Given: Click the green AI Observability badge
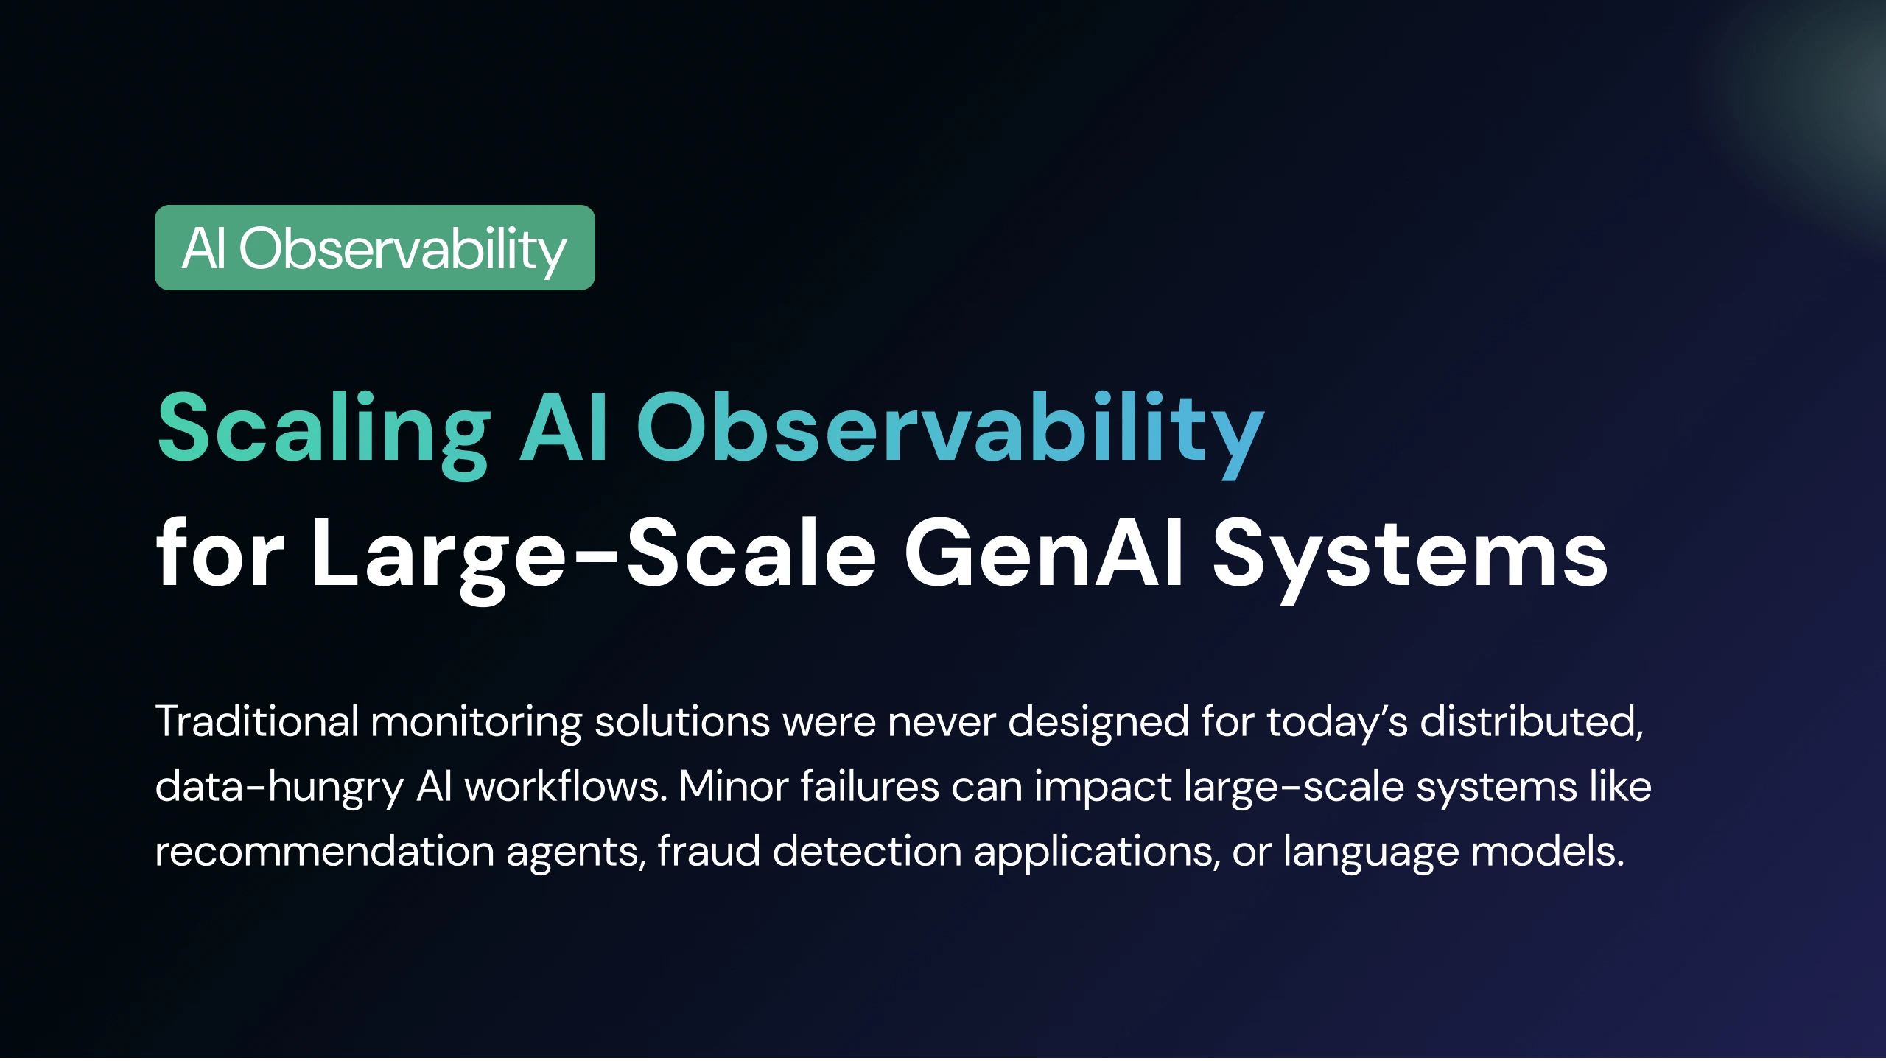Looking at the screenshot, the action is pyautogui.click(x=375, y=248).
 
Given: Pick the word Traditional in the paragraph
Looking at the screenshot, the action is pyautogui.click(x=257, y=721).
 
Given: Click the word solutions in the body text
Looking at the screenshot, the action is pyautogui.click(x=683, y=721).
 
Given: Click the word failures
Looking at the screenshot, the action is pyautogui.click(x=870, y=785).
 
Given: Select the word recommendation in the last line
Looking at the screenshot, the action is pyautogui.click(x=325, y=851).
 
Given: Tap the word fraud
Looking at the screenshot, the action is pyautogui.click(x=709, y=851).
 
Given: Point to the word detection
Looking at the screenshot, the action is pyautogui.click(x=868, y=851).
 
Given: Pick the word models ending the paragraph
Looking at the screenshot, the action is pyautogui.click(x=1548, y=851).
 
